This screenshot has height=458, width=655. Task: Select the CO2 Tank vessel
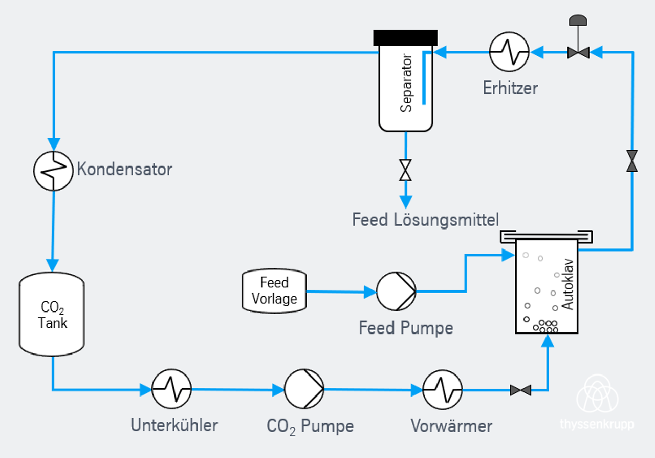52,314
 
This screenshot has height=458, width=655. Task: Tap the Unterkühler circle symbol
172,389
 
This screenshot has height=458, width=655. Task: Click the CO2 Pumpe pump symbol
304,389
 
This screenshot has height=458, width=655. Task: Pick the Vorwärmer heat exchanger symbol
443,390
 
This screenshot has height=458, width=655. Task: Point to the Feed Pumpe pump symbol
396,291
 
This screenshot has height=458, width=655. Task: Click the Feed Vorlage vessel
274,291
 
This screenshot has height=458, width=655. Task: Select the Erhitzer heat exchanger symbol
509,51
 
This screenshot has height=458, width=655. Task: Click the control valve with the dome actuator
578,52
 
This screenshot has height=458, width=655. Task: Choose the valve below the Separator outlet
405,170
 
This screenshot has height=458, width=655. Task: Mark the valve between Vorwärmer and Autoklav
520,390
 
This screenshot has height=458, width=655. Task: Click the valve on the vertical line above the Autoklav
632,161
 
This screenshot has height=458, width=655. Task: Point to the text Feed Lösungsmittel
425,220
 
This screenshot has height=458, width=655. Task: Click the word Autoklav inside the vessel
568,287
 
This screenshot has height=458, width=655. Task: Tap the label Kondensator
124,169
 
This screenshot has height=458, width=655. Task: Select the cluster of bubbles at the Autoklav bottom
546,326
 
